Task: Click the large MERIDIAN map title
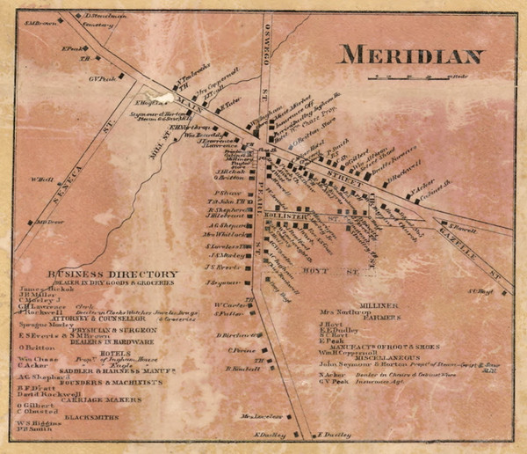pyautogui.click(x=411, y=55)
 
